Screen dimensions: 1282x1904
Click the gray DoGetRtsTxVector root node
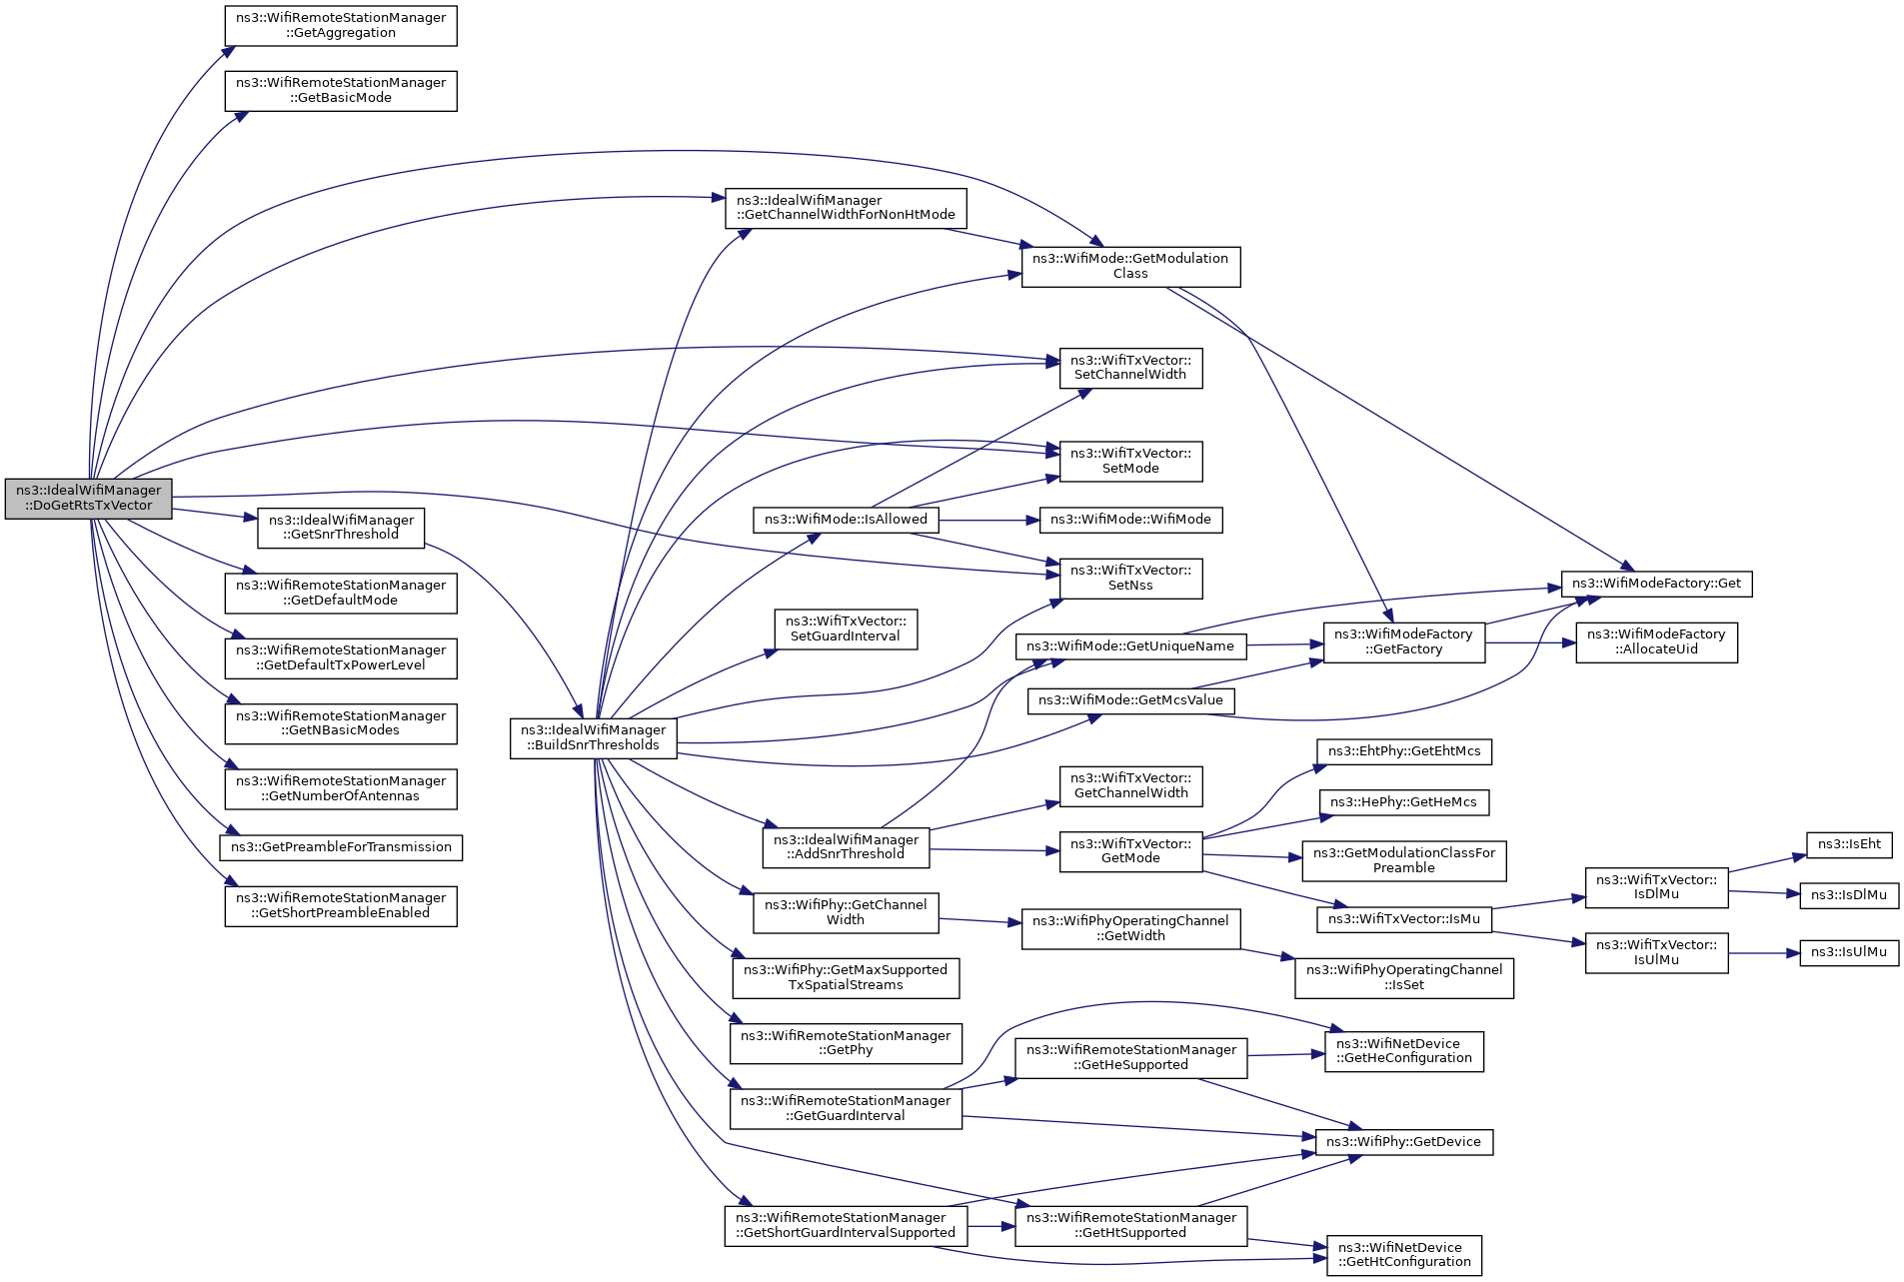[88, 498]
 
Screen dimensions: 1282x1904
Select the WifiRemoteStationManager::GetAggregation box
[341, 25]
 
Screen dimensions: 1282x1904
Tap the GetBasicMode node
[341, 90]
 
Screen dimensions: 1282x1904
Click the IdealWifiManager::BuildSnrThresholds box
[593, 737]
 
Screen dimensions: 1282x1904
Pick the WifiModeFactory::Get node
[1656, 584]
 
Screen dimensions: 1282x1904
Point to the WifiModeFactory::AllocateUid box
[1656, 641]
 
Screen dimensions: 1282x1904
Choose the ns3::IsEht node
[1848, 844]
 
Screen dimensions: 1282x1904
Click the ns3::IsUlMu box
[1848, 952]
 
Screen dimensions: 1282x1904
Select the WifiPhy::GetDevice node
[1403, 1141]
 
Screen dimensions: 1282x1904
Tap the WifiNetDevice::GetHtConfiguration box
[1403, 1255]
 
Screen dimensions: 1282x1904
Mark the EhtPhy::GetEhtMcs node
[1403, 751]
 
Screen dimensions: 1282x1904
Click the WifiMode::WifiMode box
[1130, 520]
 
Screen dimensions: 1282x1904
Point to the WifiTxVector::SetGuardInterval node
[846, 629]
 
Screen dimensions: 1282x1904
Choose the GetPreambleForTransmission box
[341, 847]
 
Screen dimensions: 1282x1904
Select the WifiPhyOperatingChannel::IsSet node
[1403, 977]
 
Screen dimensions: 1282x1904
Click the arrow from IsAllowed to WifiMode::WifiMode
[984, 520]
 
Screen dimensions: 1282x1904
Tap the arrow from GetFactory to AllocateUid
[1530, 642]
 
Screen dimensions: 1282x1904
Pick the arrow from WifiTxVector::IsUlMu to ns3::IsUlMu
[1763, 953]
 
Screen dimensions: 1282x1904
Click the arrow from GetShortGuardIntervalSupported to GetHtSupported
[990, 1226]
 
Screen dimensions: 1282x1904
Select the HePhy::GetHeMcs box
[1403, 802]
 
